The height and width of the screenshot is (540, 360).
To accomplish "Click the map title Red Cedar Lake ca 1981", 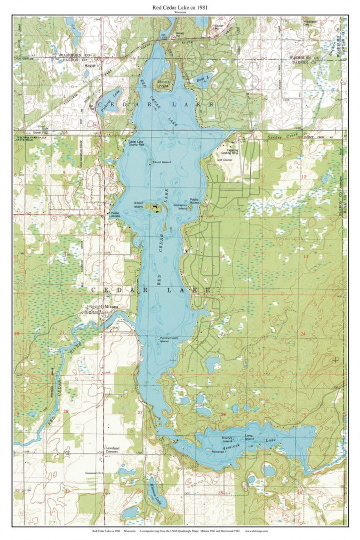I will [180, 8].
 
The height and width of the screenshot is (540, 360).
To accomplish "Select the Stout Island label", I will [139, 204].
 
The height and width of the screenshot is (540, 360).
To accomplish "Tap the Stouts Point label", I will [164, 83].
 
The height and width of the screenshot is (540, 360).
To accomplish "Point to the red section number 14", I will [222, 256].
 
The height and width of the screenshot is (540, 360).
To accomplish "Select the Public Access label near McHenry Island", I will [194, 201].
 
